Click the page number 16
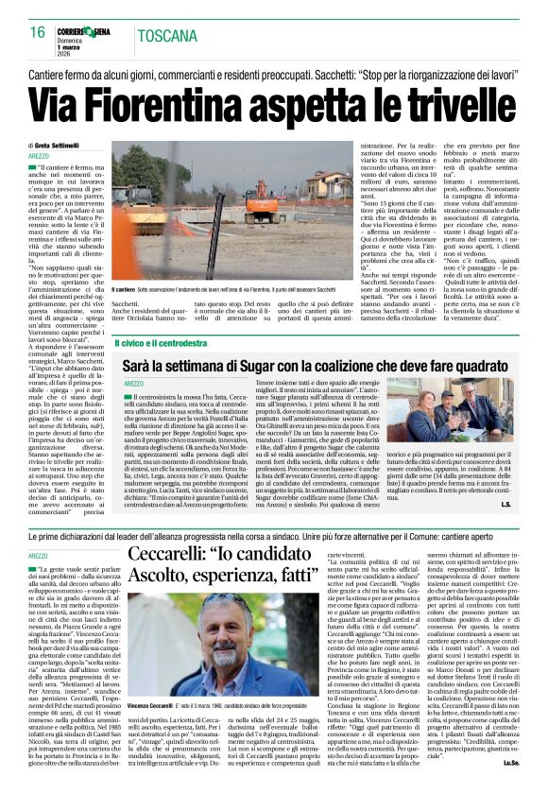click(x=38, y=33)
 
